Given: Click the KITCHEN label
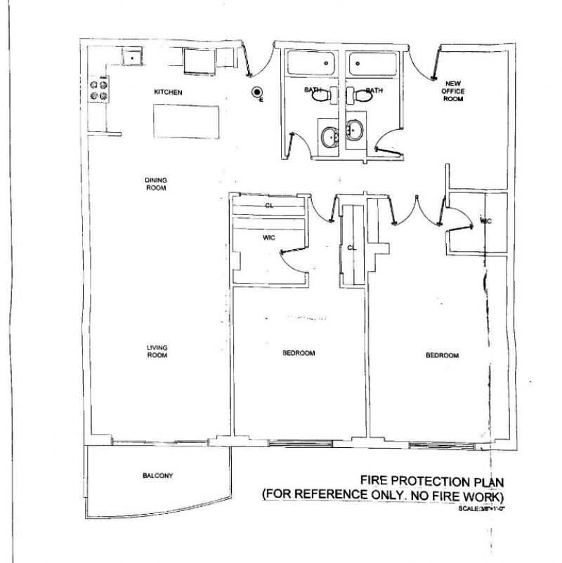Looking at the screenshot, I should pos(169,92).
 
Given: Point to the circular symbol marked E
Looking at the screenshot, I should pos(256,92).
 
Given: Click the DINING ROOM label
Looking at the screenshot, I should pos(155,184).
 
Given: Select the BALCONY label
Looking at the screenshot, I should pos(157,476).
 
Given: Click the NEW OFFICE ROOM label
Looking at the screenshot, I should pos(453,91).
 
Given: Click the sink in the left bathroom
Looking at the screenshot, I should pos(329,135).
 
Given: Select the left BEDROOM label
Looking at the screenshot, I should pos(298,353).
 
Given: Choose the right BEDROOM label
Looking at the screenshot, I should pos(442,355).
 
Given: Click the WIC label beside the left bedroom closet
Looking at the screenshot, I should pos(268,238).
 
